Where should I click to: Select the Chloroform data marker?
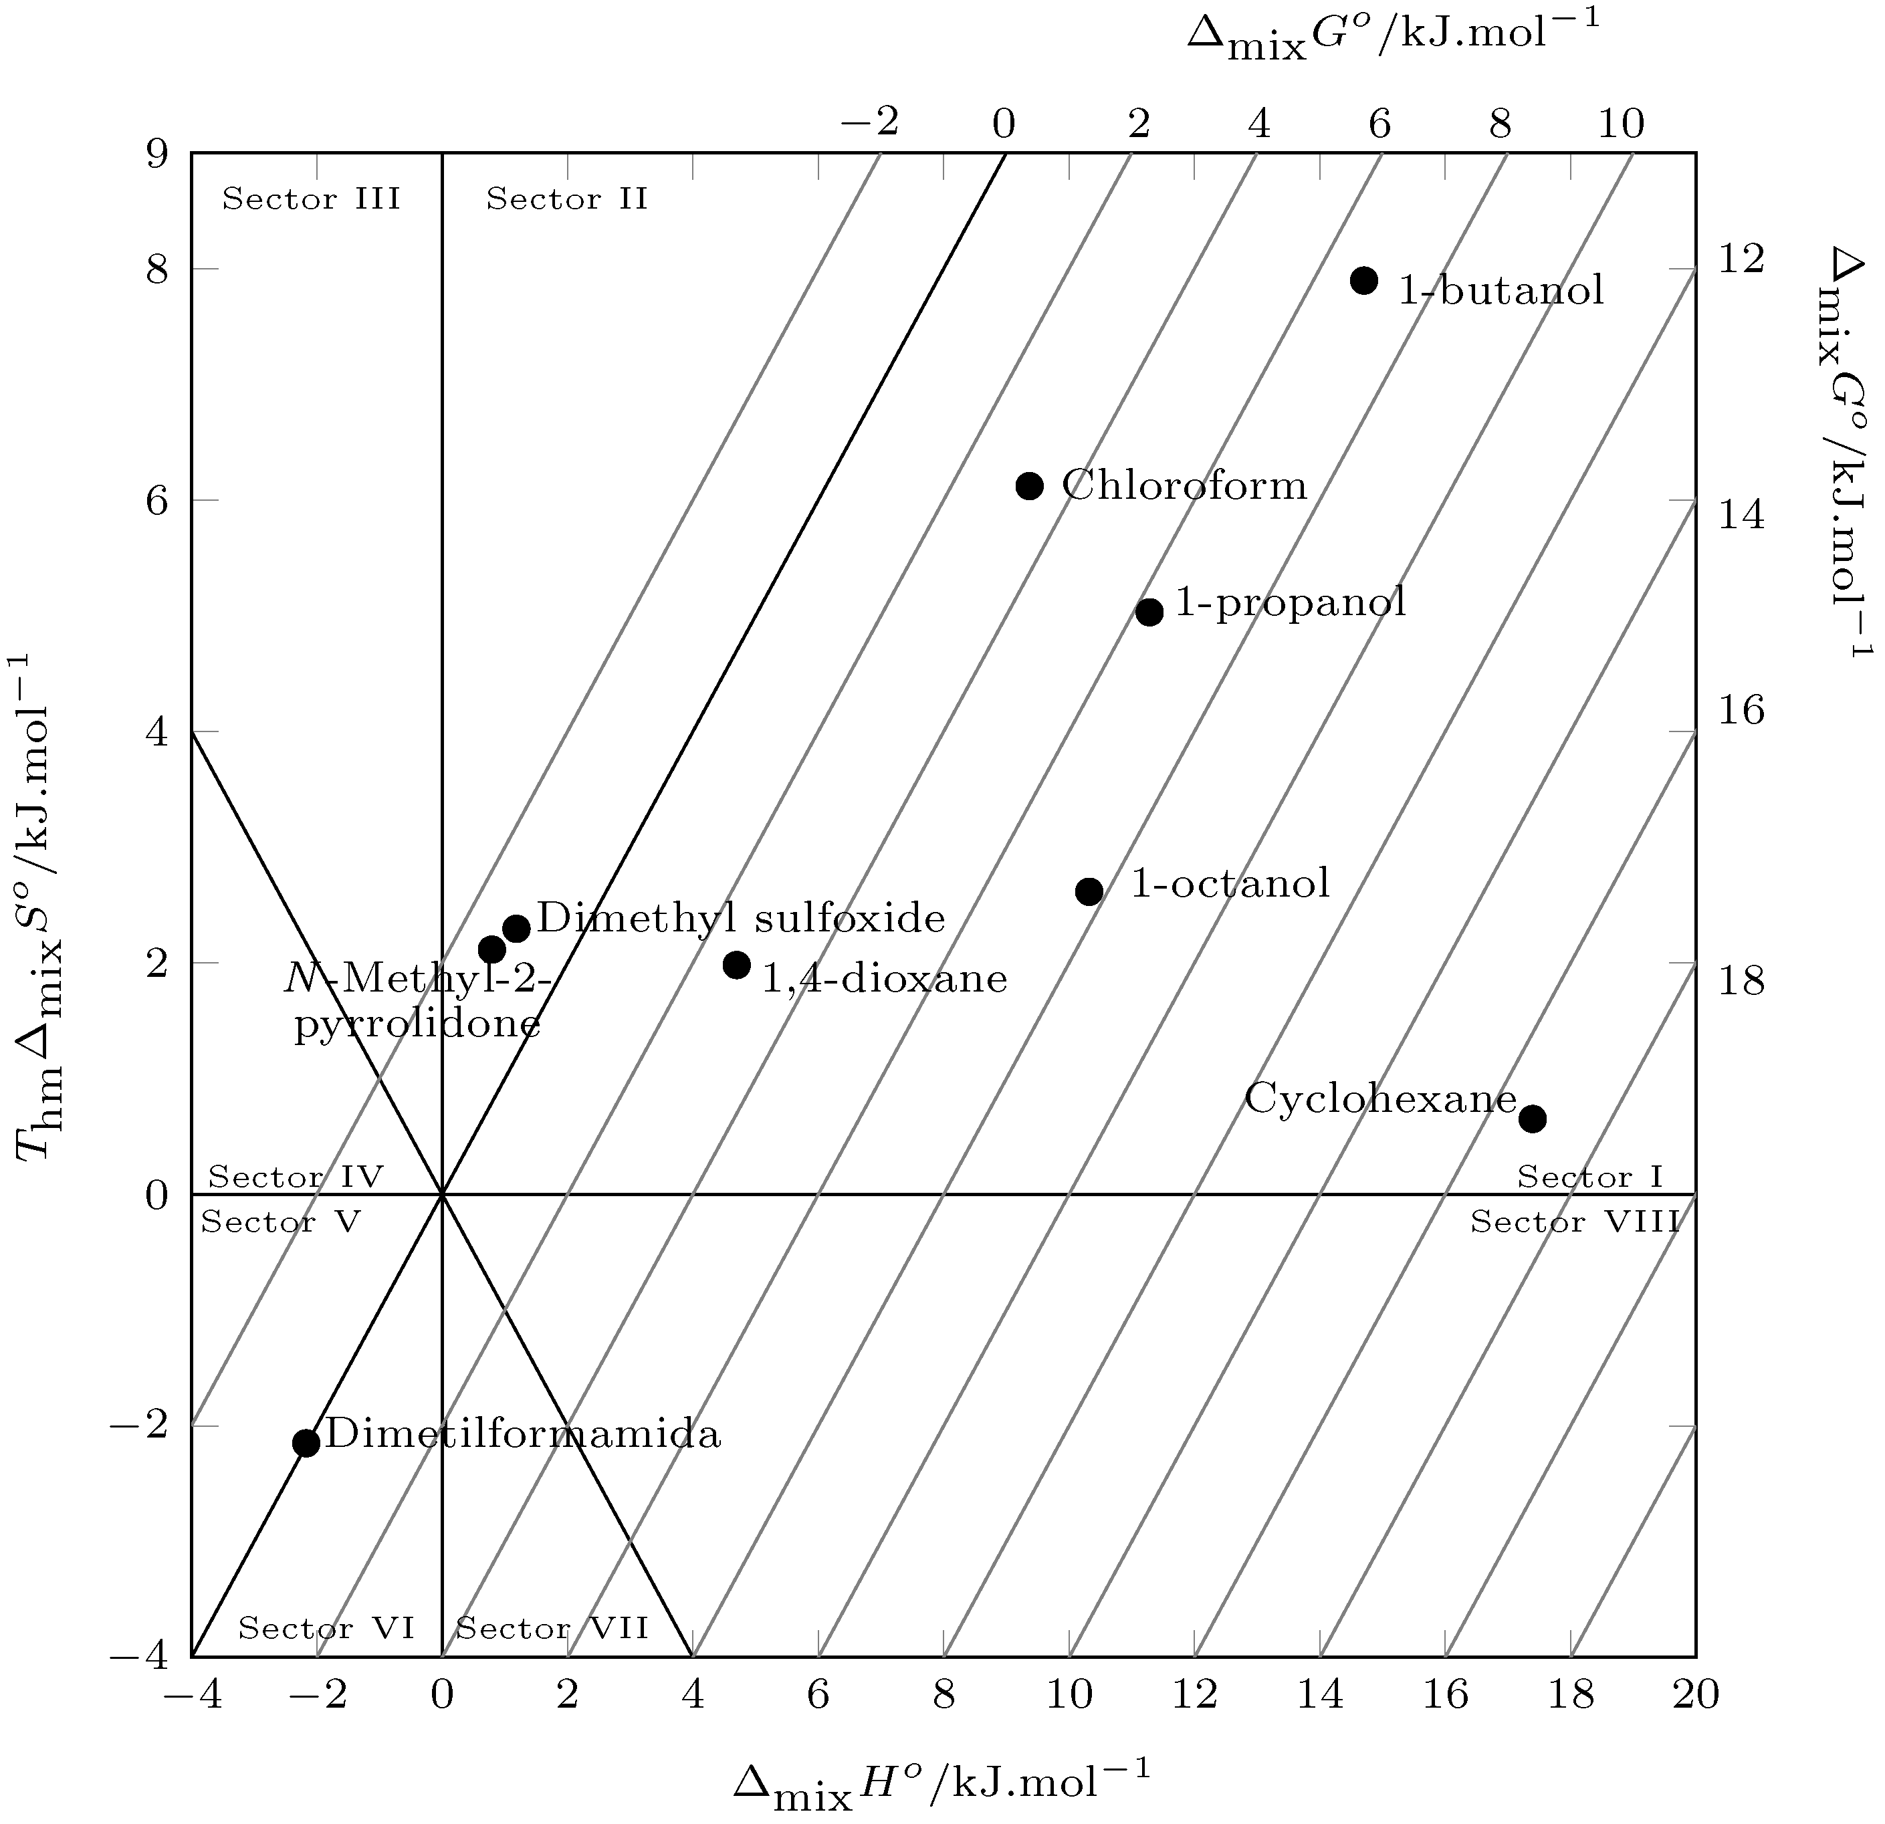tap(1029, 485)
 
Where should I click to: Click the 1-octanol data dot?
tap(1089, 891)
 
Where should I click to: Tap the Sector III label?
tap(311, 199)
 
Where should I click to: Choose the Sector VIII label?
tap(1575, 1222)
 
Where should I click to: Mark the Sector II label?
tap(566, 199)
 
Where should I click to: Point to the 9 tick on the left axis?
tap(156, 153)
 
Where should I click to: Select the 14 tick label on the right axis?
tap(1742, 516)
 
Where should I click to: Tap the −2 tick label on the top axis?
tap(869, 122)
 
